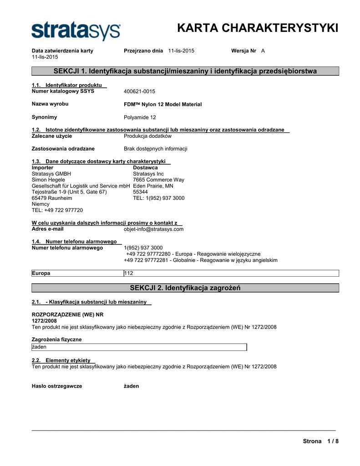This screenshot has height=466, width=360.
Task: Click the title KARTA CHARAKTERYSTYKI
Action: click(257, 28)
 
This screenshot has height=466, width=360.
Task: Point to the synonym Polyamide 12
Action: click(140, 117)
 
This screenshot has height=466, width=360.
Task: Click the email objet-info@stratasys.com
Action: click(154, 229)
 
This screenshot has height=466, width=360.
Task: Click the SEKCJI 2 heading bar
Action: click(185, 288)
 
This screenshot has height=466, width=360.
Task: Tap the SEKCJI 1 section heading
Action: click(185, 71)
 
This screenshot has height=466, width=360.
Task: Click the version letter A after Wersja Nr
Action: click(263, 51)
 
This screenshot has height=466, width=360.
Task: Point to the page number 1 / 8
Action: click(333, 441)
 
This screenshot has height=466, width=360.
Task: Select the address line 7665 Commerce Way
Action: click(158, 180)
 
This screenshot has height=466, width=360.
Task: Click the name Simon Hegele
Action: click(48, 180)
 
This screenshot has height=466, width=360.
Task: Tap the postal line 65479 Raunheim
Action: click(52, 198)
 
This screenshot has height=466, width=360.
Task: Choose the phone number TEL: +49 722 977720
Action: click(57, 210)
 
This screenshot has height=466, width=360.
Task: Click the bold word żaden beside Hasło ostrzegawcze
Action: click(132, 386)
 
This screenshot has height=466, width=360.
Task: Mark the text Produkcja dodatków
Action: click(147, 136)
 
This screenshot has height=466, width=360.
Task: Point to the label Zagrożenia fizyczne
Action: click(56, 339)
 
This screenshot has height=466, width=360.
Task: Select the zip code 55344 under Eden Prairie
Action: click(140, 192)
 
